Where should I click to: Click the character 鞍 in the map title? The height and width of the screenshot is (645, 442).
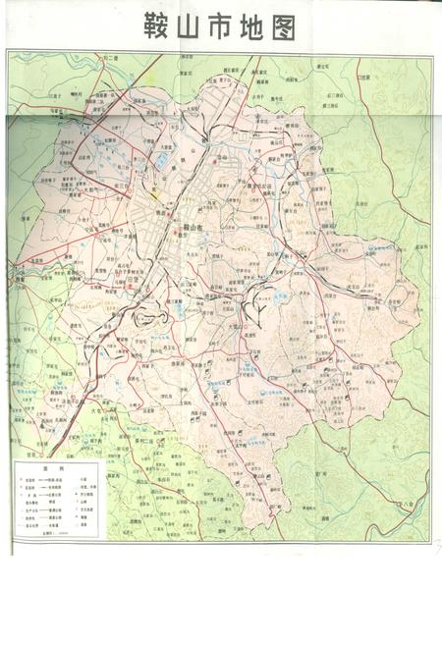pyautogui.click(x=158, y=27)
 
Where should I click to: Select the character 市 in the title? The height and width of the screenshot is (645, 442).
pyautogui.click(x=221, y=27)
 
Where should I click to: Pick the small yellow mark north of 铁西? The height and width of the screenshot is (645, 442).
pyautogui.click(x=152, y=194)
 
